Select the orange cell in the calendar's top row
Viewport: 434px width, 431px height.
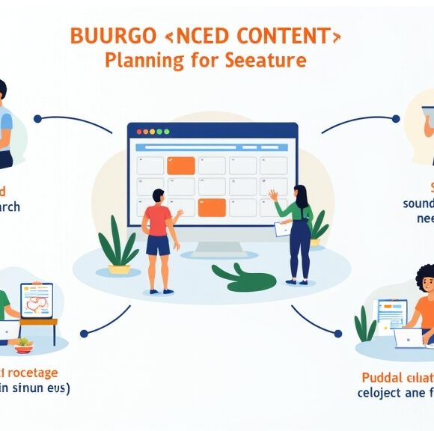click(180, 165)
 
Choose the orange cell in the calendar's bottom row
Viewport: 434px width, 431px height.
click(211, 207)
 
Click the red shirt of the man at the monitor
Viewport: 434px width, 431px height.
click(158, 220)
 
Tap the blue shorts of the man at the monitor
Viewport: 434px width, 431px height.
click(158, 245)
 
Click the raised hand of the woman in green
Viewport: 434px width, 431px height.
click(273, 195)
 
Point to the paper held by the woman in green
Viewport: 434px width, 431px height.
click(282, 228)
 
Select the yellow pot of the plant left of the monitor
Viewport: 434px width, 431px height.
click(119, 269)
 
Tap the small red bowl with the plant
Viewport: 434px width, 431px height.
click(25, 347)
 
